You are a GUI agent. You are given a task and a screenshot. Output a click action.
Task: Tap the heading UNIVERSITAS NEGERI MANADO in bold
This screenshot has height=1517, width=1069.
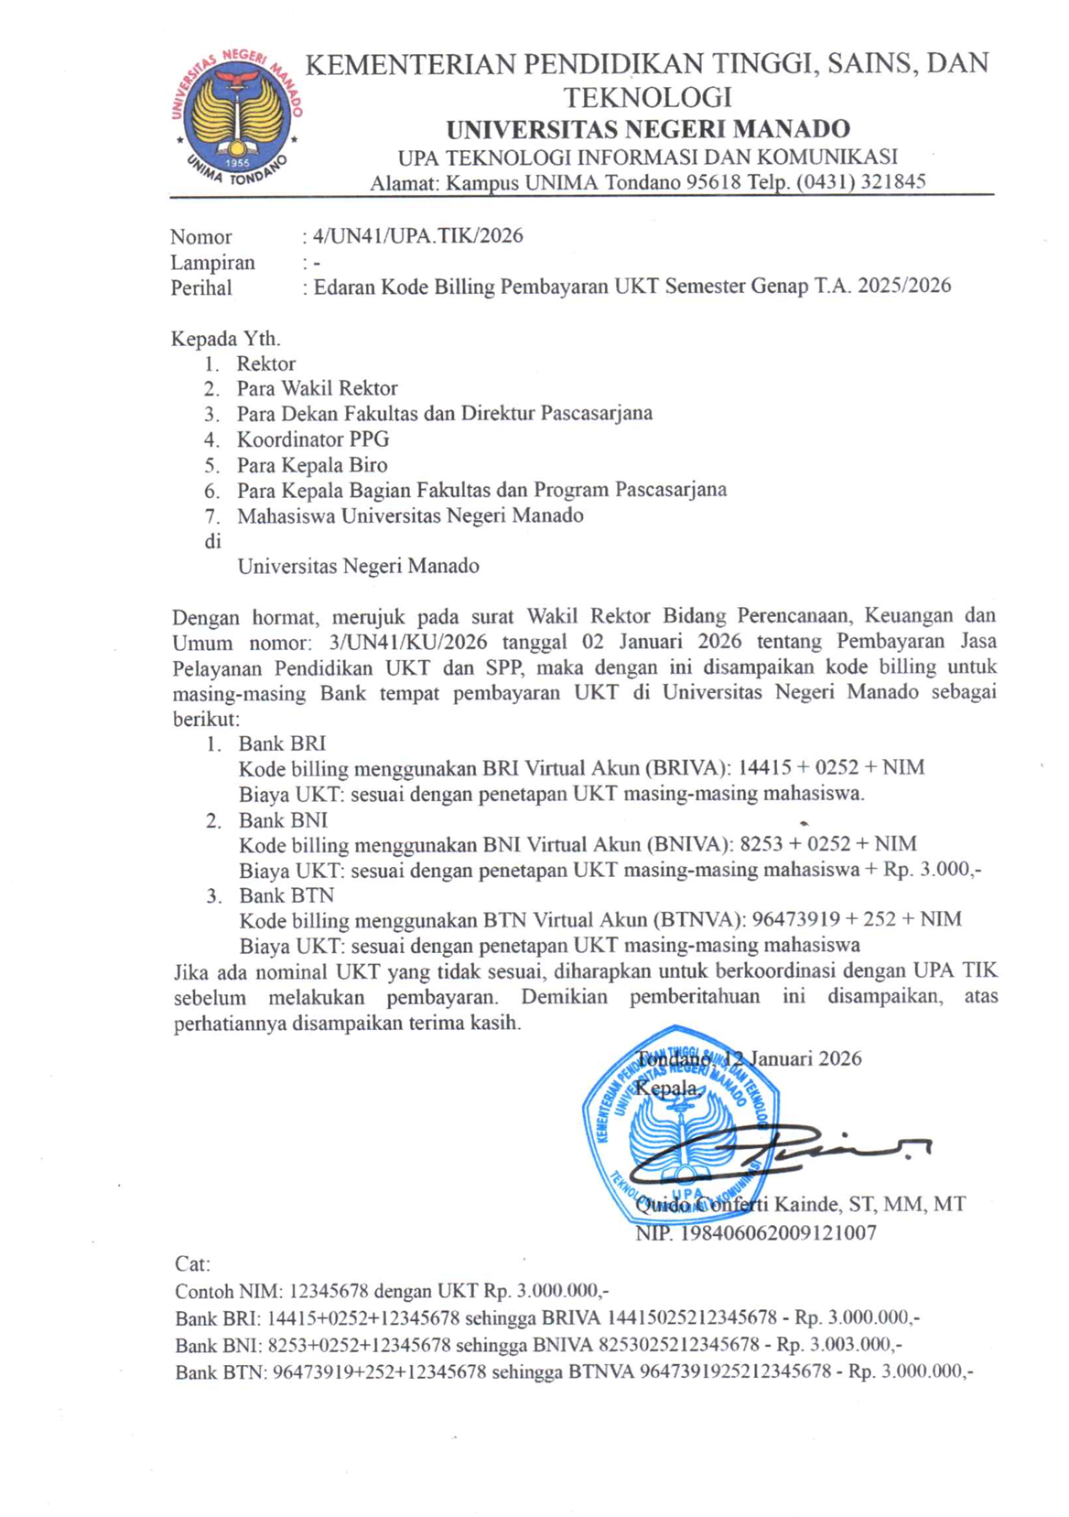[648, 129]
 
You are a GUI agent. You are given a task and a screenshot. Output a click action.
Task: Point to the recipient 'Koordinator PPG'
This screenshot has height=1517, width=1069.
[313, 439]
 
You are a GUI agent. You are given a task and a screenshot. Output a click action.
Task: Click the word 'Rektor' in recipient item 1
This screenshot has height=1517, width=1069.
[266, 363]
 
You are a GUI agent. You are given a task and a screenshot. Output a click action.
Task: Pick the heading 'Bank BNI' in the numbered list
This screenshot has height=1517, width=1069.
[283, 819]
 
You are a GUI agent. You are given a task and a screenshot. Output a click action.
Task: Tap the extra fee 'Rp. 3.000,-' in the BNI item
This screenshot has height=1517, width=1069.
[932, 869]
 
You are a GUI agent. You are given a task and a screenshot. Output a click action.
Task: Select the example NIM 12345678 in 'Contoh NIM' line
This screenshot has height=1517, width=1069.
[329, 1291]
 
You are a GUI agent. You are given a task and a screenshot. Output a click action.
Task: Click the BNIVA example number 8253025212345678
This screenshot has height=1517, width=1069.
[678, 1345]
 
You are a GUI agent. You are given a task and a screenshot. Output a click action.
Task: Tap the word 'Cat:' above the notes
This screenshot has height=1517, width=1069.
[192, 1264]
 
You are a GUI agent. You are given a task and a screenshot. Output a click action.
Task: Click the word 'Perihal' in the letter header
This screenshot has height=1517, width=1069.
[201, 287]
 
